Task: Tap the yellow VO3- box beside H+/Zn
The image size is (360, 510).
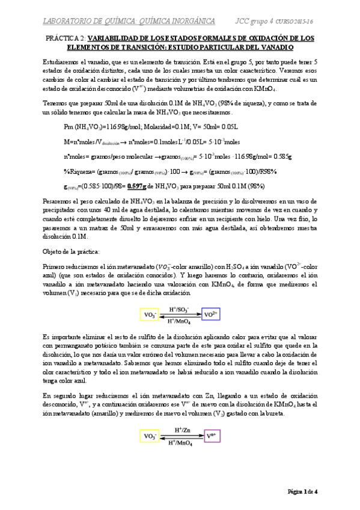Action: coord(148,435)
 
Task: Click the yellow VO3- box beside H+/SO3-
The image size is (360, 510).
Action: coord(148,315)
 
